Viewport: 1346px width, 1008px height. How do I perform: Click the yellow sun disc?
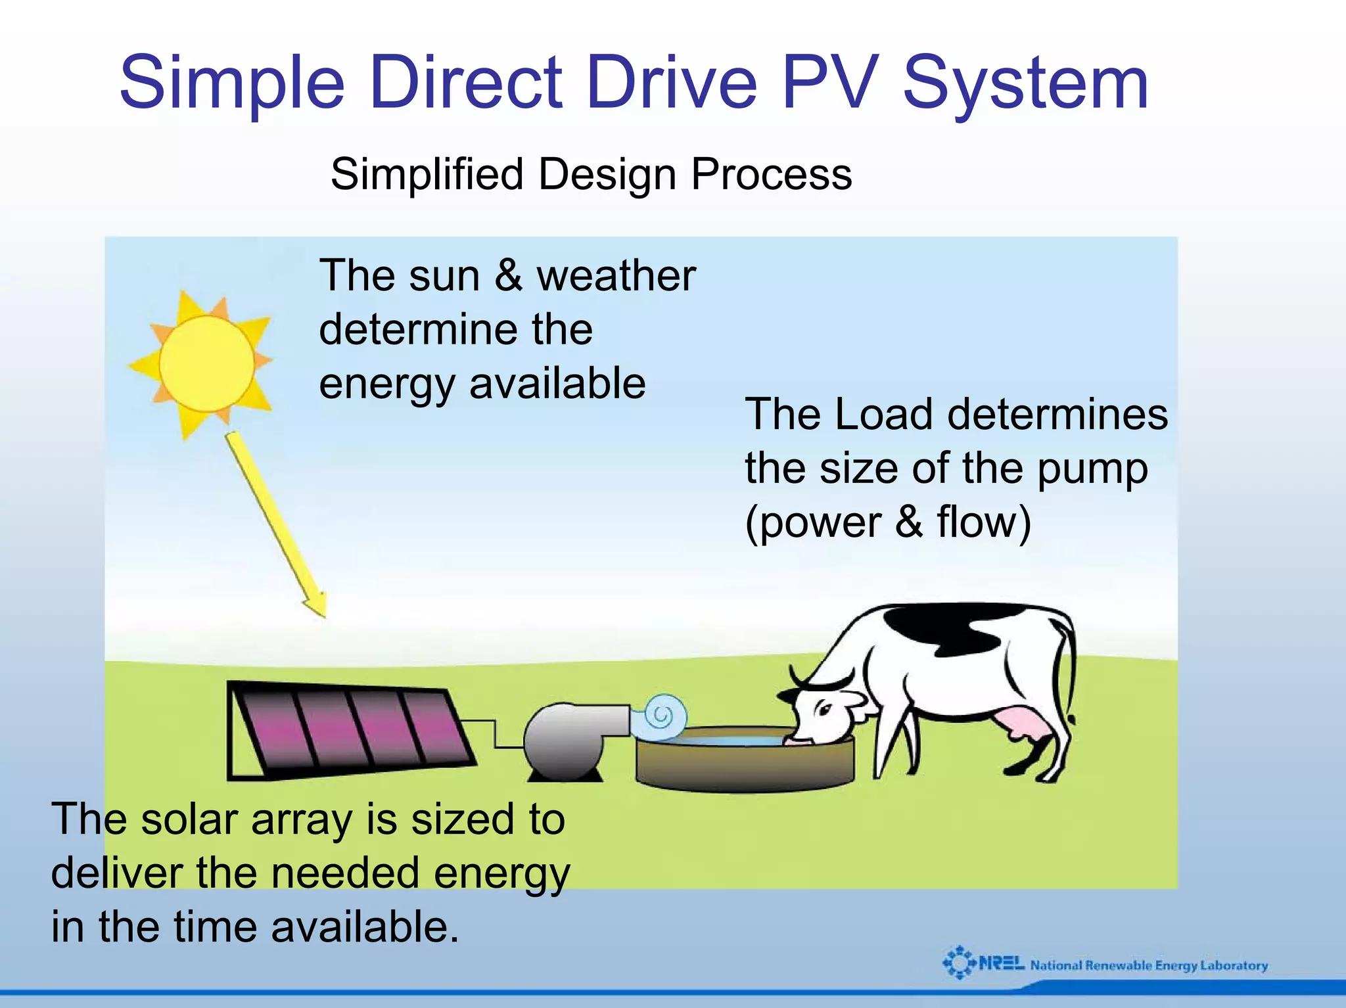pyautogui.click(x=206, y=363)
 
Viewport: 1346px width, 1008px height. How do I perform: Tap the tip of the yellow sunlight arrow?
pyautogui.click(x=324, y=615)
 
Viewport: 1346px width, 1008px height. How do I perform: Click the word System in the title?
pyautogui.click(x=1025, y=83)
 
